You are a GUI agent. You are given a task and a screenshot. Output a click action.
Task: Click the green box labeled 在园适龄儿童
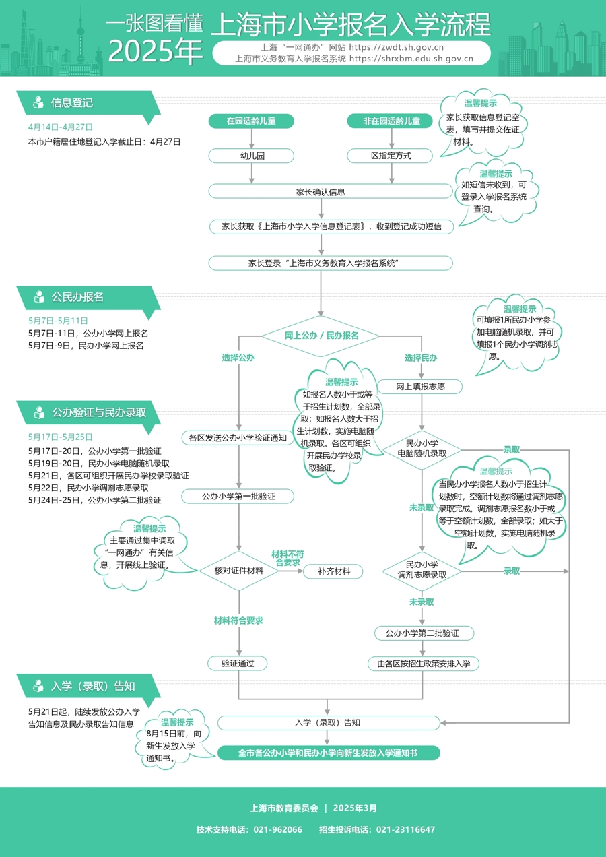pyautogui.click(x=251, y=121)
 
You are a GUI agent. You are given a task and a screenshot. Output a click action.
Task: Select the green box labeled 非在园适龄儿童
pyautogui.click(x=391, y=121)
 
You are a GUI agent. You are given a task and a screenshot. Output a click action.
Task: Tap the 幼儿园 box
pyautogui.click(x=251, y=156)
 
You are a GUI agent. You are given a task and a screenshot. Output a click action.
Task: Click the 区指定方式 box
pyautogui.click(x=391, y=156)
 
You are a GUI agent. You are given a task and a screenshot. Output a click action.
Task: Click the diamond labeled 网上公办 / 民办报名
pyautogui.click(x=321, y=335)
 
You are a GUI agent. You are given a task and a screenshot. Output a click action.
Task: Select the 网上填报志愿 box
pyautogui.click(x=419, y=387)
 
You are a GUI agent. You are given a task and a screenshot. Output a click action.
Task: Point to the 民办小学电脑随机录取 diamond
pyautogui.click(x=422, y=449)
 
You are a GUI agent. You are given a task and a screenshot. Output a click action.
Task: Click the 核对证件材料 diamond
pyautogui.click(x=238, y=571)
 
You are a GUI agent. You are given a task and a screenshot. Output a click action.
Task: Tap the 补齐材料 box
pyautogui.click(x=332, y=571)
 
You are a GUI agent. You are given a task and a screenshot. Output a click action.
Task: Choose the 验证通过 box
pyautogui.click(x=238, y=664)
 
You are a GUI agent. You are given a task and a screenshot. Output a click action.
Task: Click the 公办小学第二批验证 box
pyautogui.click(x=422, y=633)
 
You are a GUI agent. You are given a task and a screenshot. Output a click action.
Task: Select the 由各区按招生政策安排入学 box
pyautogui.click(x=423, y=664)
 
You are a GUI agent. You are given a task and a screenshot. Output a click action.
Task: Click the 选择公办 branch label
pyautogui.click(x=238, y=358)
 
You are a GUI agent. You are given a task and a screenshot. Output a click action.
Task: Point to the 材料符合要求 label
pyautogui.click(x=238, y=621)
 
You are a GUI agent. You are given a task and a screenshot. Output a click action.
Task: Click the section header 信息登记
pyautogui.click(x=72, y=103)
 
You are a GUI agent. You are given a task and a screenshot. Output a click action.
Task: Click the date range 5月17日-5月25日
pyautogui.click(x=61, y=437)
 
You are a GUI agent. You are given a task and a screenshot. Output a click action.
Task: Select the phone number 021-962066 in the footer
pyautogui.click(x=277, y=829)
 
